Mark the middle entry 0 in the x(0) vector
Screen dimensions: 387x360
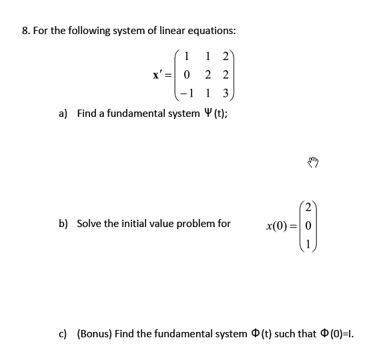coord(309,224)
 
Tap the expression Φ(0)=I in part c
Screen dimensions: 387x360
coord(338,333)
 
